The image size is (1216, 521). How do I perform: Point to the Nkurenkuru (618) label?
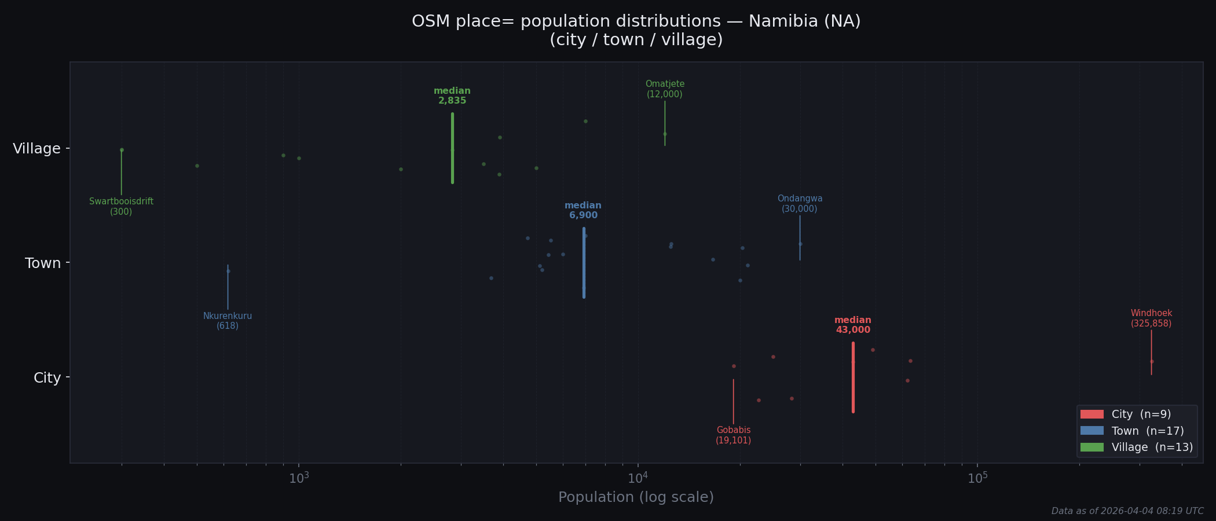pos(228,321)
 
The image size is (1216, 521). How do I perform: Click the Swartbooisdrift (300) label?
pos(121,207)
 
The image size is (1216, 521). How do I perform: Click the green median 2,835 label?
pos(452,96)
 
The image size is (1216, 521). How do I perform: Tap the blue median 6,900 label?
pos(583,211)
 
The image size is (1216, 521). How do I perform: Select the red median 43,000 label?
pos(853,325)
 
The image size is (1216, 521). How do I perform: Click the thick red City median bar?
pos(853,377)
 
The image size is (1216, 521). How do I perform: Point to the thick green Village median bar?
pos(452,148)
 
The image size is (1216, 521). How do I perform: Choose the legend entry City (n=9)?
pos(1126,414)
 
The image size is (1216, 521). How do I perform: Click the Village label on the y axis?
pos(37,149)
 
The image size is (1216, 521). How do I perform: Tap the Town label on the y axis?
pos(43,263)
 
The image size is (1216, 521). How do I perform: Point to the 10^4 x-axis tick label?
pos(638,478)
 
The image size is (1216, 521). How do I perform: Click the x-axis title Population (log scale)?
pos(636,497)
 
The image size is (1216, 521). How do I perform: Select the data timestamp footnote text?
pos(1127,511)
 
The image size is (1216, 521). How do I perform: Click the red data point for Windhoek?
pos(1152,362)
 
